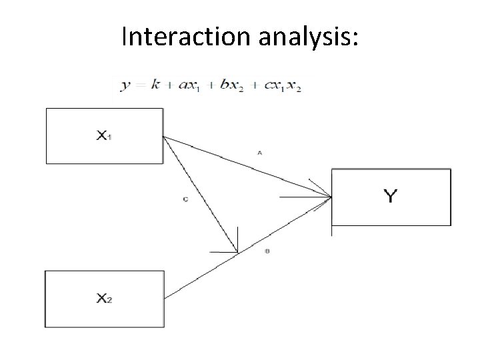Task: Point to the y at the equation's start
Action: click(x=125, y=86)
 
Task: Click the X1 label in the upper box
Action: click(x=104, y=135)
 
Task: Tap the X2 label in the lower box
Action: click(x=104, y=299)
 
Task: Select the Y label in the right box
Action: click(x=391, y=195)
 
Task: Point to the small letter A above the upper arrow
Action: click(x=259, y=153)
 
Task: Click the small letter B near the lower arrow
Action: click(x=267, y=251)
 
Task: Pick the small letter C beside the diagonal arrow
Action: click(x=184, y=199)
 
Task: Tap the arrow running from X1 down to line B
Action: click(x=200, y=193)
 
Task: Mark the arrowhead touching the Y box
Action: click(x=327, y=195)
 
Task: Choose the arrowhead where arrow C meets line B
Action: click(x=235, y=249)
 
